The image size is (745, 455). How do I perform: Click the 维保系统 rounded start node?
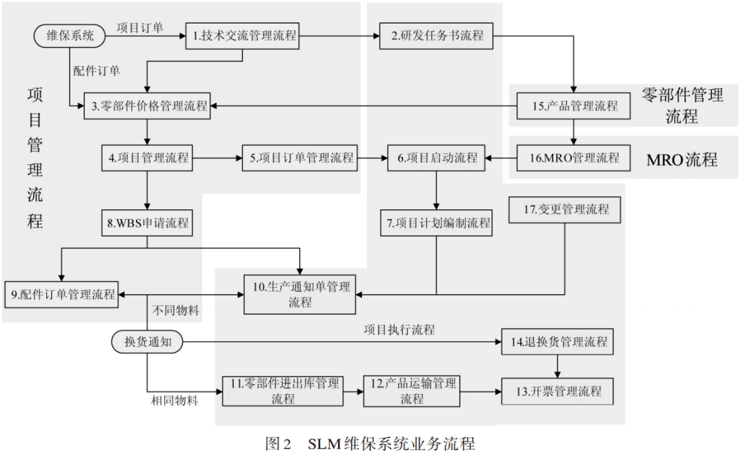[70, 35]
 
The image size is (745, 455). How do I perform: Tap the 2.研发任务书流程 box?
[437, 36]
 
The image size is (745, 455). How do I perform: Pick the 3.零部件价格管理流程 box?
[146, 106]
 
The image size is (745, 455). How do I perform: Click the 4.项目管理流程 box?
[146, 157]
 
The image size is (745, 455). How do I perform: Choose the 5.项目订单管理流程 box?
[299, 157]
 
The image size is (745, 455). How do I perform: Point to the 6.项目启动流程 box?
[436, 157]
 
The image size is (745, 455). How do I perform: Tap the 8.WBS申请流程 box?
[146, 223]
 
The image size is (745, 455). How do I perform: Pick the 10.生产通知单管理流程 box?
[300, 295]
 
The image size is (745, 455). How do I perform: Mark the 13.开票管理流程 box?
[557, 391]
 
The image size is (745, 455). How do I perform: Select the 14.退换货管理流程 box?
[557, 341]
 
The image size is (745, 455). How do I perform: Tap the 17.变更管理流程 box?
[566, 209]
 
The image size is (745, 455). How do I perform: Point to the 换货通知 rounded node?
[147, 341]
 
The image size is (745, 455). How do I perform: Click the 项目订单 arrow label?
[141, 28]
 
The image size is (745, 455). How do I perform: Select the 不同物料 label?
[175, 311]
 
